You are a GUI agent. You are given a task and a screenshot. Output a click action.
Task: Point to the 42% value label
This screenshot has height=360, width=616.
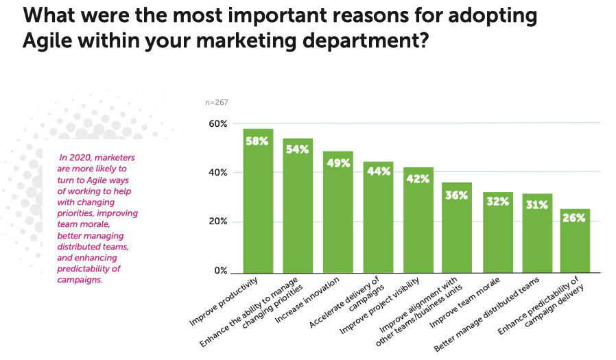pos(418,178)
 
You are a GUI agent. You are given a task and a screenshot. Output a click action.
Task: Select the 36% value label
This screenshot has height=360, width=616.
pos(456,195)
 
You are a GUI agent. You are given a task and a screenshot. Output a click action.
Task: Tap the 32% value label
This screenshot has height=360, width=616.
pos(497,202)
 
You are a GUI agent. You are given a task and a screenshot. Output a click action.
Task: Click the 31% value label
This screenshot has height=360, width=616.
pos(536,204)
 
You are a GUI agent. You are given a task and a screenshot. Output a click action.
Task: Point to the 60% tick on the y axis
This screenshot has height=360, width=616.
pos(217,123)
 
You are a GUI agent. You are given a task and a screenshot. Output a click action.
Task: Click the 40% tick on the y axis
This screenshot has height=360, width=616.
pos(217,173)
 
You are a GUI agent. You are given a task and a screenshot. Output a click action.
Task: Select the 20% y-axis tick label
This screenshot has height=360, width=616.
pos(217,221)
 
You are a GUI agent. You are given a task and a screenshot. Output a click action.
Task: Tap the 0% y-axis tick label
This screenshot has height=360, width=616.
pos(220,271)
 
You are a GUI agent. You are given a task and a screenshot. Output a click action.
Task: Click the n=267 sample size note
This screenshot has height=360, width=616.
pos(217,102)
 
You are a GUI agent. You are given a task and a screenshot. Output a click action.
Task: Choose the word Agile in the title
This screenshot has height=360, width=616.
pos(47,40)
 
